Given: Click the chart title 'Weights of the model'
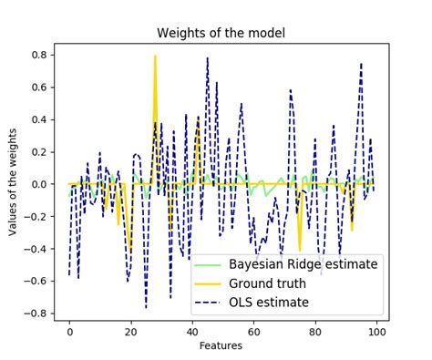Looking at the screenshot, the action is pos(221,33).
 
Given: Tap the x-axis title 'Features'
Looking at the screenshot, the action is pos(221,345).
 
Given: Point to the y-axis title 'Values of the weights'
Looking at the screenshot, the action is pos(12,182).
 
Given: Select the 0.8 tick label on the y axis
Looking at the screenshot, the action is pos(40,55).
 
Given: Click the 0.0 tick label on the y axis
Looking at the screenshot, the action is pos(40,184).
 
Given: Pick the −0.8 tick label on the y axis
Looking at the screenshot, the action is pos(36,314).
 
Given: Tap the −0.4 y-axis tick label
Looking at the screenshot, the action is pos(36,249).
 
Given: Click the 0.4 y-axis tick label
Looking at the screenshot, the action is pos(40,119).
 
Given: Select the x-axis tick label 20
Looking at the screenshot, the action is pos(131,332).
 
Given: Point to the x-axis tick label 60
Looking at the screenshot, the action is pos(254,332).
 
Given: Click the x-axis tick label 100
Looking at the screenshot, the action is pos(376,332).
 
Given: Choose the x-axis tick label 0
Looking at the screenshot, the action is pos(69,332).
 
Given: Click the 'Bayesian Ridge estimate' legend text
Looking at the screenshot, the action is pos(303,264).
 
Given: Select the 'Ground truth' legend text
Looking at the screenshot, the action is pos(267,283).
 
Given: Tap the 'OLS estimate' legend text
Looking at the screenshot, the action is pos(269,303).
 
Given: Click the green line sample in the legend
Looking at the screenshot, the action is pos(208,265).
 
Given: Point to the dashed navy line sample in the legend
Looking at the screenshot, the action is pos(208,303).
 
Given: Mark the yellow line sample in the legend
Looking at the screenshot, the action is pos(208,283).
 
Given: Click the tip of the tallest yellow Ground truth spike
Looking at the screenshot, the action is pos(155,56).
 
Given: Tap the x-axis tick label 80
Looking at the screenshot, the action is pos(315,332).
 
